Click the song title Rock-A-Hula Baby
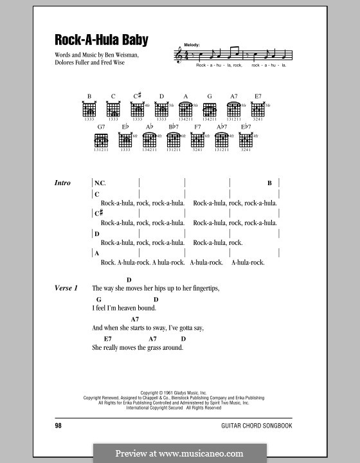pos(102,40)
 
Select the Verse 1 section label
pos(66,288)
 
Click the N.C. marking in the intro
pos(100,183)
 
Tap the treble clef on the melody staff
pos(178,57)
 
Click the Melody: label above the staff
pos(192,44)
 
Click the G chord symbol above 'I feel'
pos(100,299)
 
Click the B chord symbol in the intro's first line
pos(270,183)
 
